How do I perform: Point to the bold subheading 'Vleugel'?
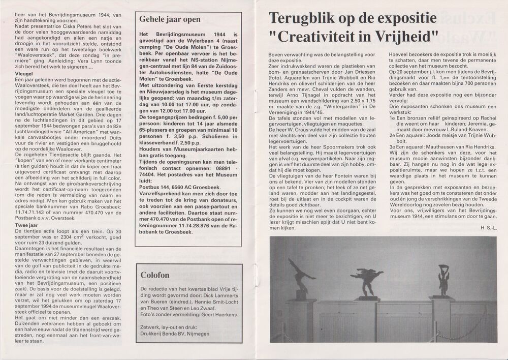click(10, 74)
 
